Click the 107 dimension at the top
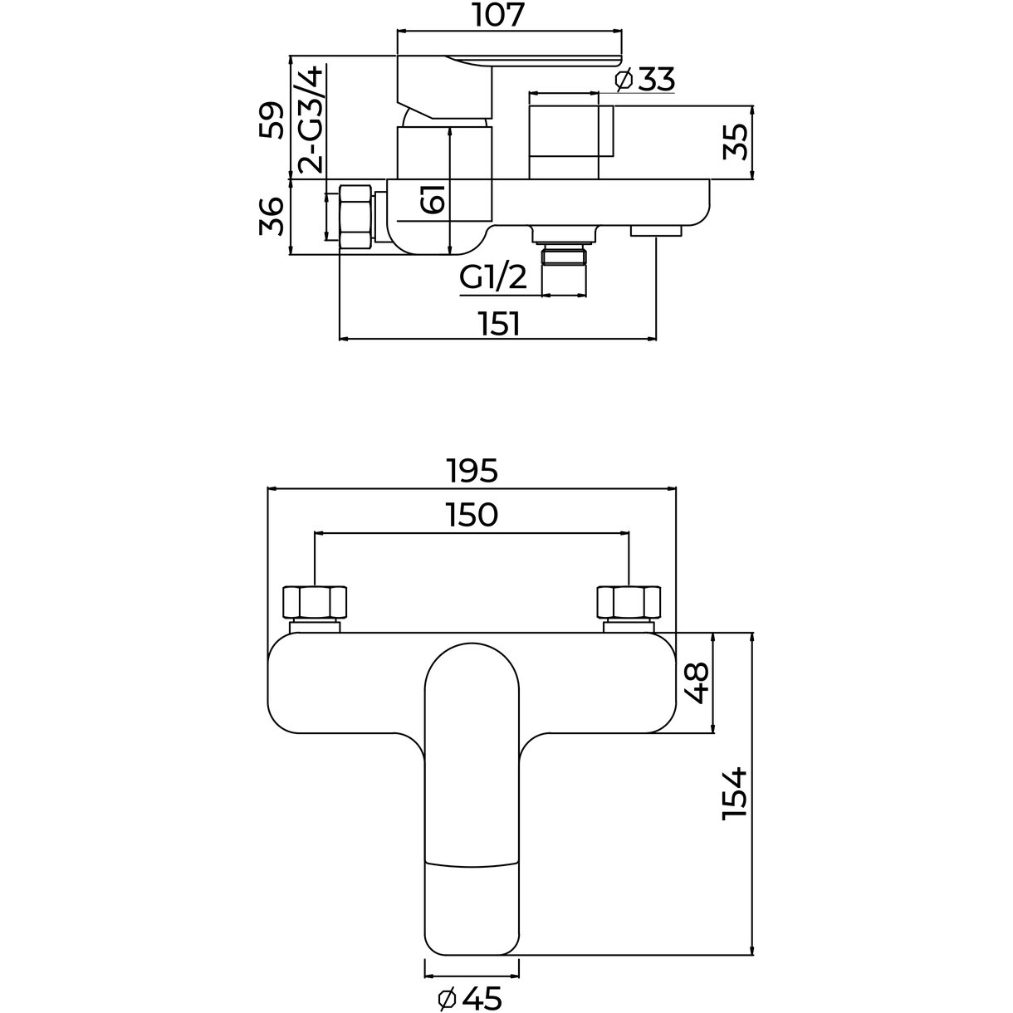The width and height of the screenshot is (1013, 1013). pyautogui.click(x=501, y=16)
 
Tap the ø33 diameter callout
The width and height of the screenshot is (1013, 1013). pyautogui.click(x=645, y=81)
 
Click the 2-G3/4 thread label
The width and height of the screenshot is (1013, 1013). pyautogui.click(x=311, y=120)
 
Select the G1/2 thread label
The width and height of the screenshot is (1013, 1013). pyautogui.click(x=494, y=278)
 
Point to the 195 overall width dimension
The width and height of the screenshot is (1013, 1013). pyautogui.click(x=471, y=471)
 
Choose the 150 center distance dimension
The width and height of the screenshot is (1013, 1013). pyautogui.click(x=471, y=516)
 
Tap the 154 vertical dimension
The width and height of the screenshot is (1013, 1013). pyautogui.click(x=734, y=795)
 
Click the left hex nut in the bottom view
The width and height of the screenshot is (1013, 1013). pyautogui.click(x=315, y=602)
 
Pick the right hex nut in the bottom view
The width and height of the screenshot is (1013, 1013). pyautogui.click(x=629, y=602)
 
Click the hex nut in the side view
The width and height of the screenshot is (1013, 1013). pyautogui.click(x=356, y=216)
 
